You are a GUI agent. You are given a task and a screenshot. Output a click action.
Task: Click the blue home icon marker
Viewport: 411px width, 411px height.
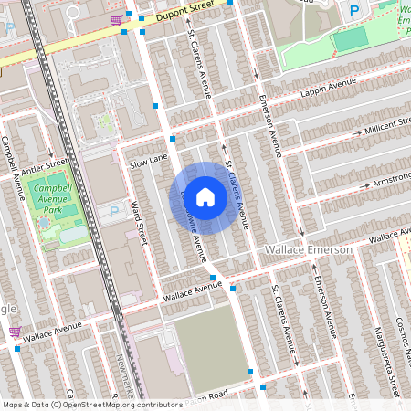[205, 196]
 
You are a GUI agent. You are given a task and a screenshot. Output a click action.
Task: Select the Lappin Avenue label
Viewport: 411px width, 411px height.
[328, 89]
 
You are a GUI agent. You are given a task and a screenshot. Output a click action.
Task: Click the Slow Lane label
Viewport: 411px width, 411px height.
[148, 162]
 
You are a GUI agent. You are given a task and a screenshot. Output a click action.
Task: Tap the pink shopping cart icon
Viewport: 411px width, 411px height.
[116, 19]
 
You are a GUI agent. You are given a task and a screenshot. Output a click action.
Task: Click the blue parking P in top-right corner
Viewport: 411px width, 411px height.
[354, 11]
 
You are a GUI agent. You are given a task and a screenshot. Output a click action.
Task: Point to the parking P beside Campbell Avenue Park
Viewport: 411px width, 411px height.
[114, 212]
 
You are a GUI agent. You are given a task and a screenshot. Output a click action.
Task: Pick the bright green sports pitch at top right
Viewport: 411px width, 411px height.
[348, 40]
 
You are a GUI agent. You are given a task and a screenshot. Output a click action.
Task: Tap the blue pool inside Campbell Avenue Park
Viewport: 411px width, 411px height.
[44, 223]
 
